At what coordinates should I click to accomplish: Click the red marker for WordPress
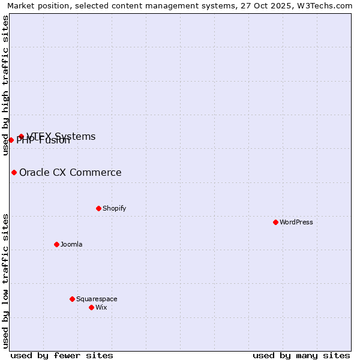click(275, 222)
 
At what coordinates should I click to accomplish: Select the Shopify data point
click(98, 208)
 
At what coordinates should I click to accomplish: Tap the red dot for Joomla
click(56, 244)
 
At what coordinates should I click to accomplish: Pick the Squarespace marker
click(72, 299)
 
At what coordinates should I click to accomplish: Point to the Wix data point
click(91, 307)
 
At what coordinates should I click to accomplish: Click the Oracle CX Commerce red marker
click(14, 172)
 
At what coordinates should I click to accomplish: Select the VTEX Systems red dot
click(21, 136)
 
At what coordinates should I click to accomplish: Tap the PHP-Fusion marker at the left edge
click(11, 140)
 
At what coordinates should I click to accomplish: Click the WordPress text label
click(296, 222)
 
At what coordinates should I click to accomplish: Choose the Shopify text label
click(114, 208)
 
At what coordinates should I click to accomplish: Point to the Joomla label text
click(71, 244)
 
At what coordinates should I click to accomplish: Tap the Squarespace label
click(97, 299)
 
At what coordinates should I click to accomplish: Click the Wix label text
click(101, 307)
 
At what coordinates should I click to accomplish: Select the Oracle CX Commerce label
click(70, 173)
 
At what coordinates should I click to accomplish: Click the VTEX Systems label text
click(61, 136)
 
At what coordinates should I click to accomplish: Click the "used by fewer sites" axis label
click(62, 355)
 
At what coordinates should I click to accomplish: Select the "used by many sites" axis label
click(301, 355)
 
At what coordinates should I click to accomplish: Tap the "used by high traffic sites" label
click(5, 85)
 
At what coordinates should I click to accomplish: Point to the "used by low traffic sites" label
click(5, 281)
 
